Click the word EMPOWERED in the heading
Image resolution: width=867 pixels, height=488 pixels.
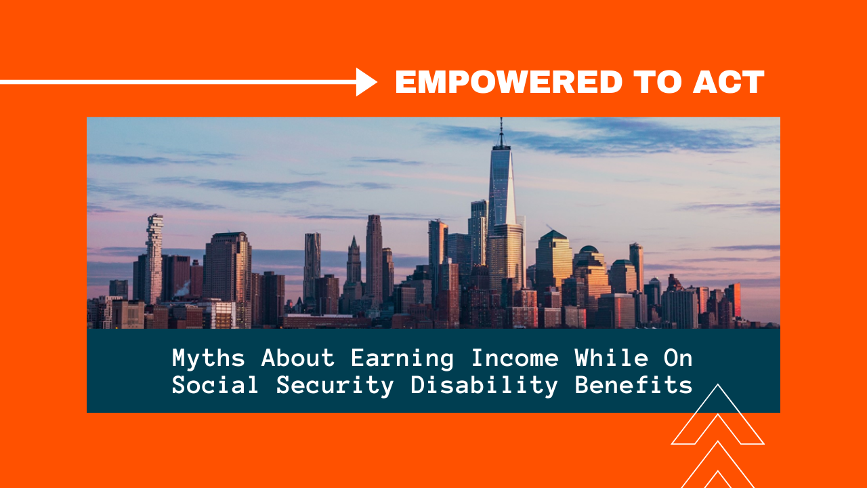click(509, 82)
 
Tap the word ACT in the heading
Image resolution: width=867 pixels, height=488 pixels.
click(728, 82)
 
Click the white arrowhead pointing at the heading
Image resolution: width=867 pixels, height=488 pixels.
click(366, 82)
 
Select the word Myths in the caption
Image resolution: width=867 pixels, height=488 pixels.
click(209, 359)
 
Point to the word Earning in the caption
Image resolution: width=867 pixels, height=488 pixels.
click(402, 359)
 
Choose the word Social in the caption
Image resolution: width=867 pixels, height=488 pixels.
click(215, 385)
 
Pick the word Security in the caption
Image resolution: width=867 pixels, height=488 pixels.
click(335, 386)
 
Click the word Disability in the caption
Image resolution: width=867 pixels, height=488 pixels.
click(484, 386)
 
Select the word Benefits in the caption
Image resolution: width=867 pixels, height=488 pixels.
click(633, 385)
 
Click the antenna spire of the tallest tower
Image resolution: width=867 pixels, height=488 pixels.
click(501, 132)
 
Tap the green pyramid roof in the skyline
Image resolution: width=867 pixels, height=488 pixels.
click(553, 235)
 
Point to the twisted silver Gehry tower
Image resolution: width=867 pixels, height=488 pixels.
click(312, 267)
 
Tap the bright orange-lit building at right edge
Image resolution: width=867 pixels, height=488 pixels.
click(736, 300)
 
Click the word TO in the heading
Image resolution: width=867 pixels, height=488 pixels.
click(657, 82)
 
